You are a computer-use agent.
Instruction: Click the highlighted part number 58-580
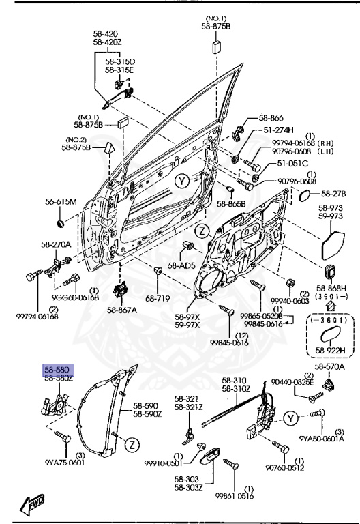[58, 369]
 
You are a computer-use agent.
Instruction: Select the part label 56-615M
[61, 201]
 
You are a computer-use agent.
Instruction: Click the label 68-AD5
[182, 265]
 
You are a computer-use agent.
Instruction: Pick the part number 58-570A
[330, 367]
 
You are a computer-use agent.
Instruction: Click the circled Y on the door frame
[181, 181]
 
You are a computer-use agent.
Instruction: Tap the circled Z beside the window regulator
[134, 445]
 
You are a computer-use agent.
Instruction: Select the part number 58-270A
[56, 244]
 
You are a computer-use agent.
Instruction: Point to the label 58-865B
[231, 203]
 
